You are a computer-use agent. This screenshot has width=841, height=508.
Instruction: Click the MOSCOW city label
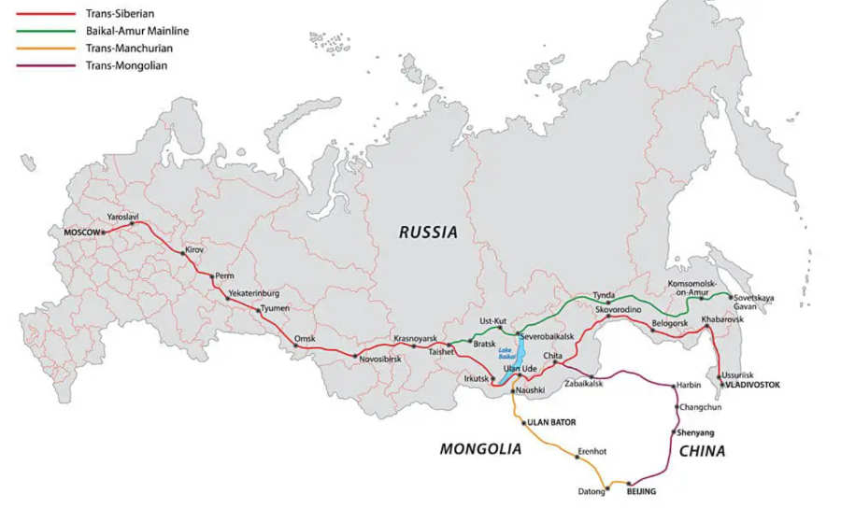pos(81,232)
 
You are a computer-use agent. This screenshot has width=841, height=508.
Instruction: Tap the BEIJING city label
pos(641,491)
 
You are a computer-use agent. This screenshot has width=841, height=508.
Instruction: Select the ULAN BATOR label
pos(551,422)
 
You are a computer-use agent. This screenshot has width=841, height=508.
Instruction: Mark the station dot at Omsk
pos(296,346)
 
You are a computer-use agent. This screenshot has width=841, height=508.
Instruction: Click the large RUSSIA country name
pos(428,233)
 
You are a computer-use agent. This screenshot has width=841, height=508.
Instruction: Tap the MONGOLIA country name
pos(480,449)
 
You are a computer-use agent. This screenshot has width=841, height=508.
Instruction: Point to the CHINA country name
pos(702,451)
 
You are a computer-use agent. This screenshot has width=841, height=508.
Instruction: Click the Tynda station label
pos(604,294)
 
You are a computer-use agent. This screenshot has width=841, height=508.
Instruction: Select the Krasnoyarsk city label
pos(415,337)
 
